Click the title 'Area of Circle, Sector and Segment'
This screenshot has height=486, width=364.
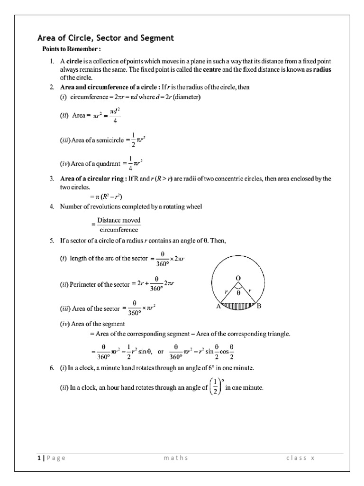click(x=106, y=37)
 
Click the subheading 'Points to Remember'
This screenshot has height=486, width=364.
click(x=72, y=49)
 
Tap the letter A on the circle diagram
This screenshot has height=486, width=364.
click(x=218, y=307)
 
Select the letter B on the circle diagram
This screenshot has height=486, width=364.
click(x=259, y=307)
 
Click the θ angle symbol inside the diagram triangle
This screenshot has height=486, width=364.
click(x=239, y=293)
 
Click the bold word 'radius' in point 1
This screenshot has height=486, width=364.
click(x=320, y=69)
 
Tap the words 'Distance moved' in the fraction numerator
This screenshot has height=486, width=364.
click(x=118, y=220)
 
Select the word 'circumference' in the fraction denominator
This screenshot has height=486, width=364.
click(x=118, y=229)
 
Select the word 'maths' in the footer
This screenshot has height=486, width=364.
click(x=176, y=458)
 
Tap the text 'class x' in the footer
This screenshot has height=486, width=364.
click(x=300, y=458)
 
